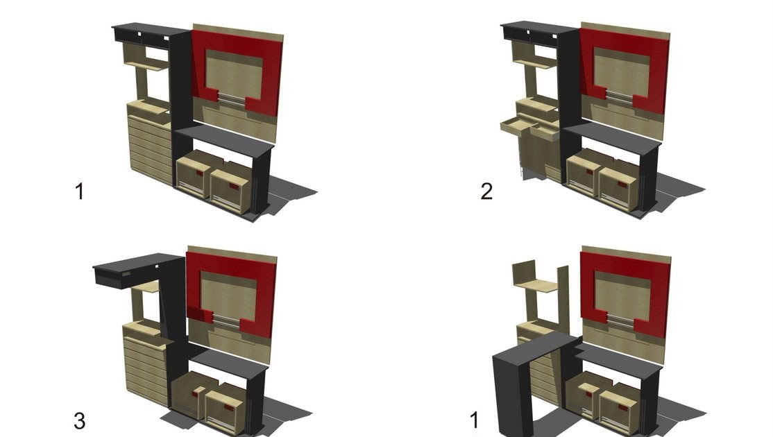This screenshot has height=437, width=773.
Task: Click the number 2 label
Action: [x=486, y=191]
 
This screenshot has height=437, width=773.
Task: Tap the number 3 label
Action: [x=79, y=421]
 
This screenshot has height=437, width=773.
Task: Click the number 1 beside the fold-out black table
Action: [x=474, y=420]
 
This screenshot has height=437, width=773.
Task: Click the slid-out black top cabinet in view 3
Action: [x=129, y=268]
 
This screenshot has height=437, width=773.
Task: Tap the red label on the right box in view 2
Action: [x=622, y=185]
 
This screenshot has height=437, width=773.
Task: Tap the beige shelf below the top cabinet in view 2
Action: [x=536, y=61]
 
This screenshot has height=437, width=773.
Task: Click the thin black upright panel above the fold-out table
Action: [x=563, y=298]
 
